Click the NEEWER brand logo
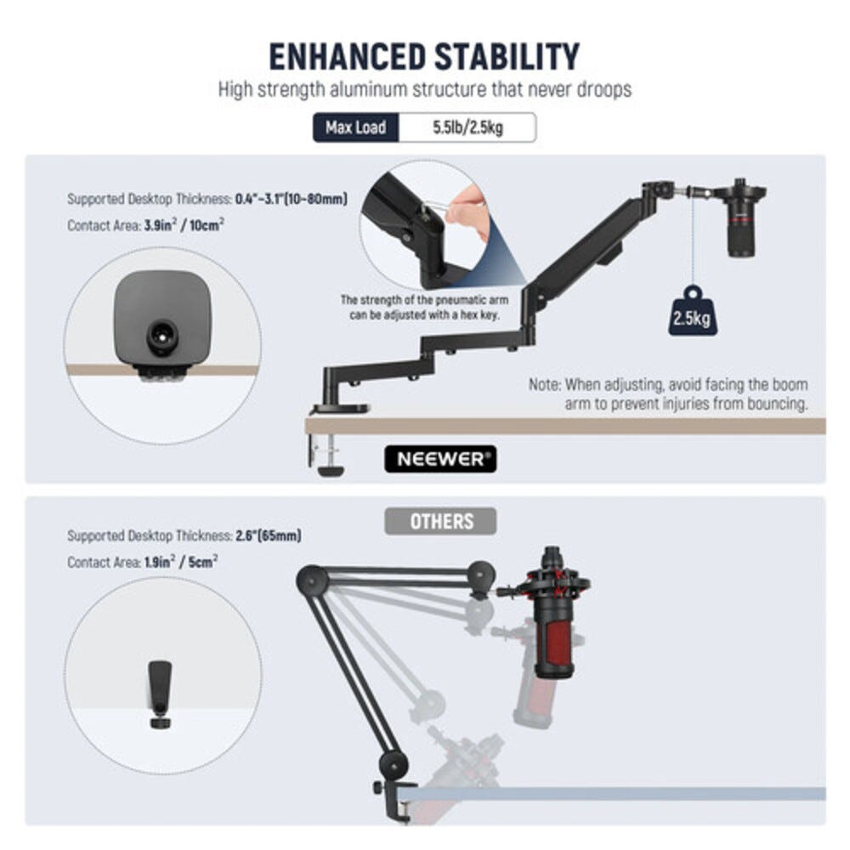(x=440, y=459)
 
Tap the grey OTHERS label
(x=440, y=522)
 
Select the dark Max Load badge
(x=355, y=127)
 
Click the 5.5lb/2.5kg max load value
(x=467, y=127)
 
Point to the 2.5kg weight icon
(x=692, y=311)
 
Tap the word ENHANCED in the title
(x=348, y=56)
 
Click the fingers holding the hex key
(x=471, y=212)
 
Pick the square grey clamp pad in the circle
(x=162, y=319)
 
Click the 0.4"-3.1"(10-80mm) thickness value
(x=291, y=199)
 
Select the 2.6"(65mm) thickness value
(x=269, y=535)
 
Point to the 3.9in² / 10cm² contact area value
(x=184, y=225)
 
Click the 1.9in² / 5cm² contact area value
(x=181, y=562)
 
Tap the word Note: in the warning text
(x=545, y=384)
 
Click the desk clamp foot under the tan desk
(x=330, y=469)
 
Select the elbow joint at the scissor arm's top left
(x=313, y=581)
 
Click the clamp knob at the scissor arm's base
(x=378, y=786)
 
